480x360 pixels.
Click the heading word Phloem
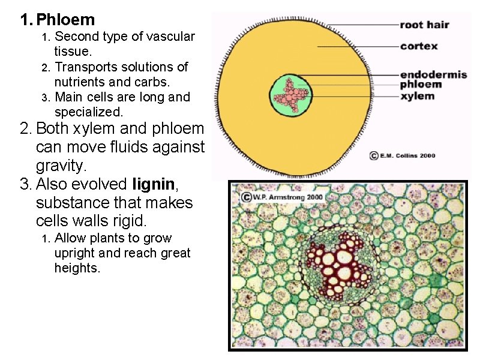point(65,20)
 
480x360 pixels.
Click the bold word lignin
point(154,184)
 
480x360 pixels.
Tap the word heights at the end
point(76,268)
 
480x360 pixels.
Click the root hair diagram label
point(424,25)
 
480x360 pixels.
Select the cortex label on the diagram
point(419,46)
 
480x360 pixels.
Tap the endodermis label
point(425,74)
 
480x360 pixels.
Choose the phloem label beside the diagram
point(421,85)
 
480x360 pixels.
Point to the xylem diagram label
point(417,96)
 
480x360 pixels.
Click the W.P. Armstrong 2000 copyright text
point(282,196)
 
